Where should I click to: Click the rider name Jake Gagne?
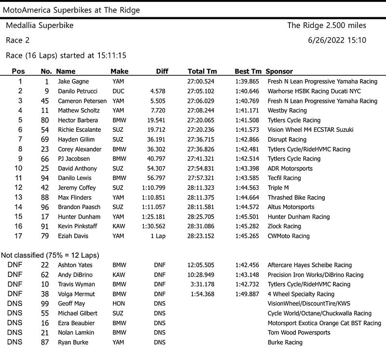[x=73, y=82]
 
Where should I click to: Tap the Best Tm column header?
[x=248, y=71]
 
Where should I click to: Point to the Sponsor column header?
[x=279, y=71]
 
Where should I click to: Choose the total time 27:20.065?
[x=201, y=120]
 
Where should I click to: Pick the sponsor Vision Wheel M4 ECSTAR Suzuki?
[x=310, y=130]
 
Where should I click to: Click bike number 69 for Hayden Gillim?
[x=45, y=139]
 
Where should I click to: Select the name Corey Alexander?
[x=80, y=149]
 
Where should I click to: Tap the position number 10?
[x=18, y=168]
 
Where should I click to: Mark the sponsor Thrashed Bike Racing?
[x=296, y=197]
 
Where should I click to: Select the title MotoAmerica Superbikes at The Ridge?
[x=71, y=10]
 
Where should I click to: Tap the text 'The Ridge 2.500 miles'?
[x=327, y=26]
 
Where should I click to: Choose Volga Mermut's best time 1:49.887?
[x=247, y=294]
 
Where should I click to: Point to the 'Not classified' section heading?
[x=50, y=255]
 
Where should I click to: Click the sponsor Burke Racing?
[x=285, y=342]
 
